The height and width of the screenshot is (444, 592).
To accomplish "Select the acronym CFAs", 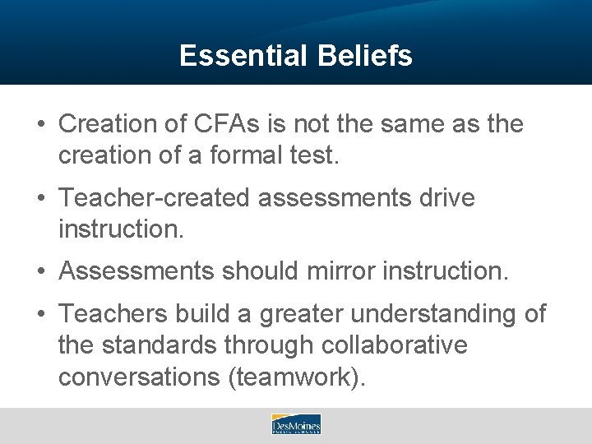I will [x=223, y=125].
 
